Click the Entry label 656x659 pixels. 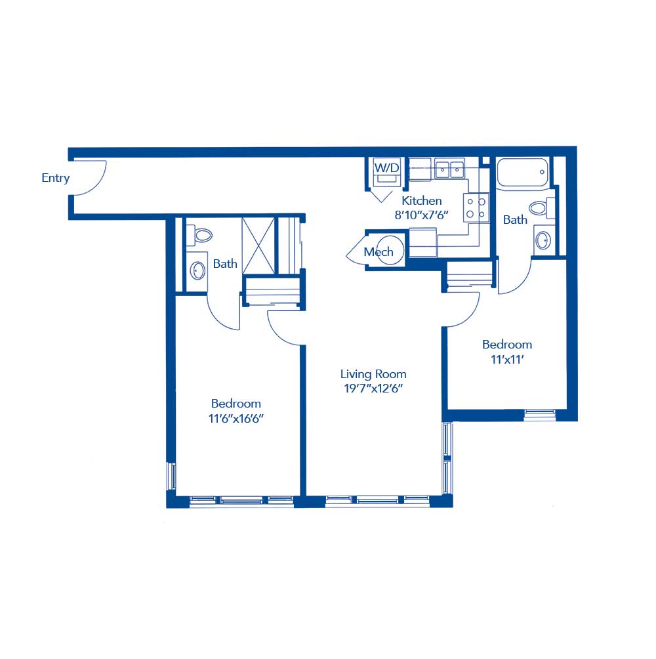pos(56,178)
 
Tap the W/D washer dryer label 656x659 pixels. pos(386,168)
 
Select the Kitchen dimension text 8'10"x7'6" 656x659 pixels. pos(422,213)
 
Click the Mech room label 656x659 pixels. pos(379,252)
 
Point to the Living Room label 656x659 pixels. pos(373,374)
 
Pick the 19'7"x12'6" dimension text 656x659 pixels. pos(373,388)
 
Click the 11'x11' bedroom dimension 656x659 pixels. pos(507,358)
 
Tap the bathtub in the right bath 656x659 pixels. pos(522,173)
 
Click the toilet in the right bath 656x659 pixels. pos(539,209)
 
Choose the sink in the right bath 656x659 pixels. pos(543,240)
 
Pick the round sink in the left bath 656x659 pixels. pos(197,270)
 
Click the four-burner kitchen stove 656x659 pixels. pos(476,207)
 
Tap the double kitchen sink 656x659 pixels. pos(449,170)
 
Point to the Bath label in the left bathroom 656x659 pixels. pos(225,264)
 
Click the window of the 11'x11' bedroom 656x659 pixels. pos(540,414)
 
